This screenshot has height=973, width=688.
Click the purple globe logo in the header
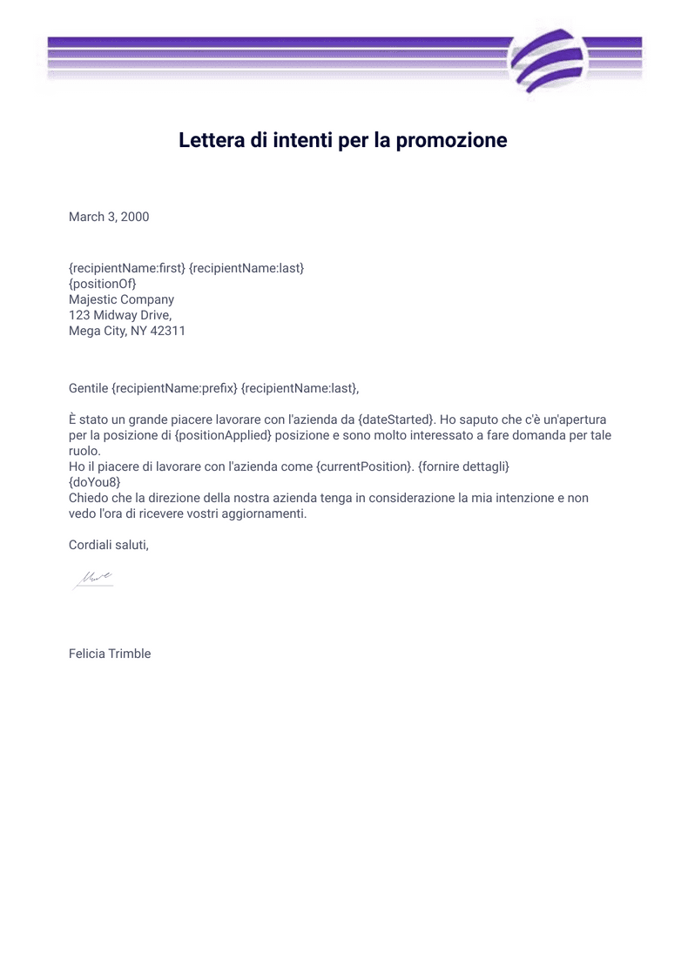coord(547,59)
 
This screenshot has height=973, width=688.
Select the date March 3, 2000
coord(109,217)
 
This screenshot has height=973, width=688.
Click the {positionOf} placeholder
coord(103,284)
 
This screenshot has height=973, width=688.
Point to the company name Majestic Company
coord(121,299)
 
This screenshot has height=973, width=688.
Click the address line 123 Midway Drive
coord(120,315)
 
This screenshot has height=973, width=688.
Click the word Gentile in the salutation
coord(89,387)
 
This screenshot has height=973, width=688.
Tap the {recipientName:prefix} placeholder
coord(175,387)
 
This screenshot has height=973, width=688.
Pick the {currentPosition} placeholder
coord(363,466)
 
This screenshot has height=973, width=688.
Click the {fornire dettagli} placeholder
coord(463,466)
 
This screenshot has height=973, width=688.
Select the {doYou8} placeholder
coord(94,482)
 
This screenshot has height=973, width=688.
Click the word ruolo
coord(84,451)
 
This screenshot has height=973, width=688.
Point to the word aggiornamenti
coord(261,513)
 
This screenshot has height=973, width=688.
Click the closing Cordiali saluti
coord(109,545)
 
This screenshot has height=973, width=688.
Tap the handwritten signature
coord(92,579)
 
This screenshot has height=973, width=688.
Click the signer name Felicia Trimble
coord(110,654)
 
